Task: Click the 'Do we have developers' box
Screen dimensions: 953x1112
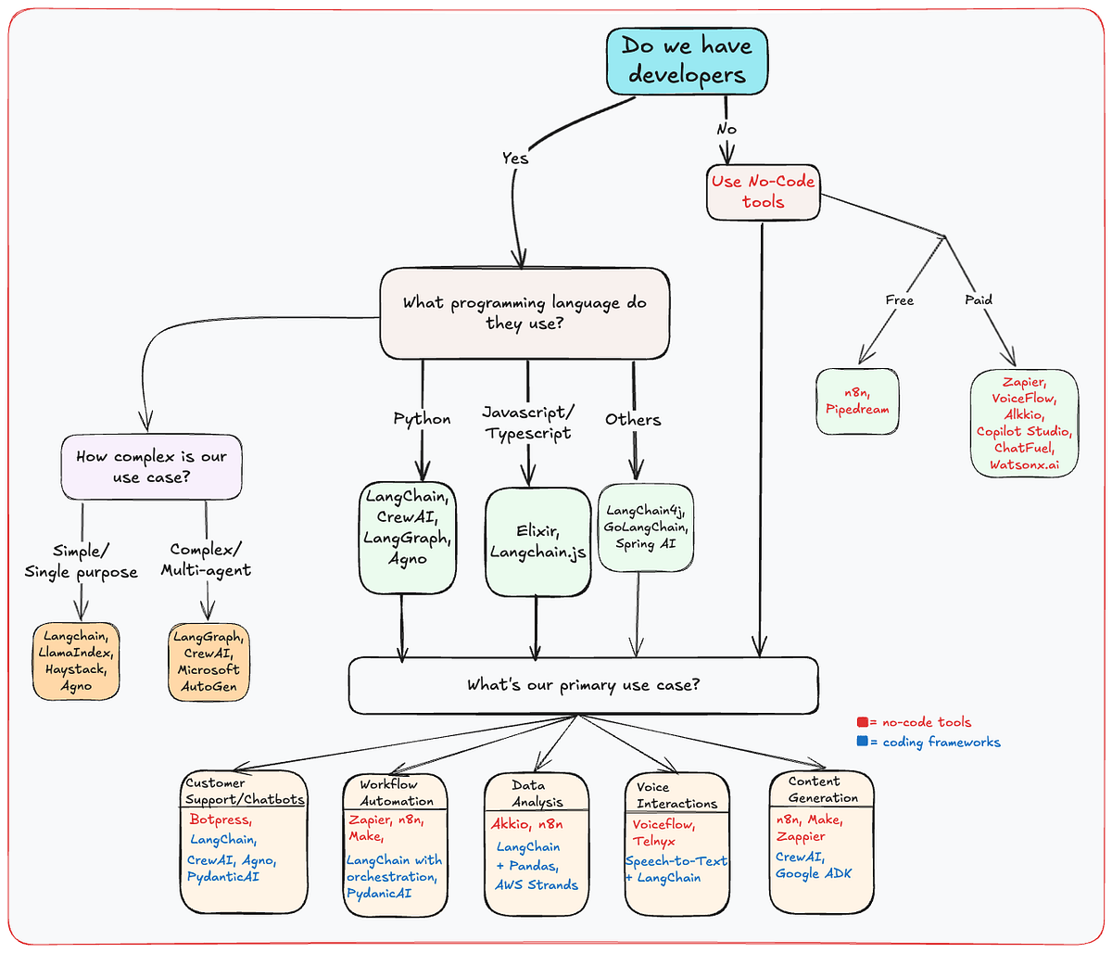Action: click(x=687, y=60)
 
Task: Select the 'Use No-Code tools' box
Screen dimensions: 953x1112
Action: click(x=763, y=192)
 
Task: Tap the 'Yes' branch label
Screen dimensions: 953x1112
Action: click(x=515, y=158)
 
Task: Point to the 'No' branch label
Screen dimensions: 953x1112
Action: click(x=727, y=129)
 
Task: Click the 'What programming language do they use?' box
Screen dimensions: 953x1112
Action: click(x=524, y=313)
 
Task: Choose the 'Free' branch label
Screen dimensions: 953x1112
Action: click(x=899, y=300)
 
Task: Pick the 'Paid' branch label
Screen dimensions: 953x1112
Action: click(x=979, y=299)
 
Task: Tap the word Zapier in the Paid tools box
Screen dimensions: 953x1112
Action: click(x=1024, y=382)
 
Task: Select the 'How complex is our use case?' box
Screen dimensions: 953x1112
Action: click(x=152, y=466)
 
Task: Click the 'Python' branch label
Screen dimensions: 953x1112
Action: click(x=422, y=419)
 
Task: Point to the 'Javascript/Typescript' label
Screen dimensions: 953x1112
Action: click(x=528, y=422)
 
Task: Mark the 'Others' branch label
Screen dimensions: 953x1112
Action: click(x=633, y=419)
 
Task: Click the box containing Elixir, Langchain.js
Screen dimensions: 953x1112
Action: click(x=537, y=542)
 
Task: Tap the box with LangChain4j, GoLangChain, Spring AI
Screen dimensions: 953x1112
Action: click(x=646, y=527)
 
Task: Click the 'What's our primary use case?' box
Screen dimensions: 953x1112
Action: click(x=583, y=686)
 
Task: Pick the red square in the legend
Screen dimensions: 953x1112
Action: click(x=862, y=722)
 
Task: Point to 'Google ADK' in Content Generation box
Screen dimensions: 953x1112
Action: click(x=813, y=873)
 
